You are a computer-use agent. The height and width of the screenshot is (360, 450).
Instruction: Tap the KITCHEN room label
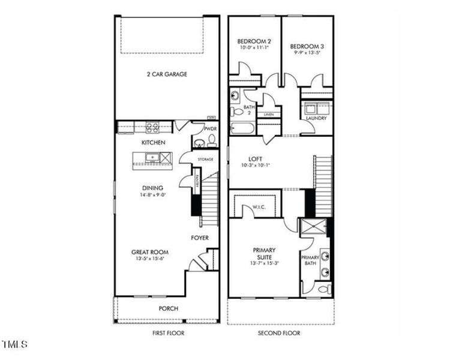point(153,143)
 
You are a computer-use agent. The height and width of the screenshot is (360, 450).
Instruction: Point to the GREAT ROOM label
point(149,252)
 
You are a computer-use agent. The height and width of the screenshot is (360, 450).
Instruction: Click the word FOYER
point(200,238)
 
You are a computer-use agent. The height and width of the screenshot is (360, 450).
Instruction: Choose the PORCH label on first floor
point(168,308)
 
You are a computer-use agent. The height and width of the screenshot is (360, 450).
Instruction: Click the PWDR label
point(209,128)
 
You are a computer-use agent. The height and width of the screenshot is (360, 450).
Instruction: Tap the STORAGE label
point(207,160)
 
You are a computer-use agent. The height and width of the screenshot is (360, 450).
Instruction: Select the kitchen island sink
point(152,158)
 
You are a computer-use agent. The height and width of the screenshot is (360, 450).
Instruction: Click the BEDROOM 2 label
point(254,42)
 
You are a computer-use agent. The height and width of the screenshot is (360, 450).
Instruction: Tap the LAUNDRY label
point(316,118)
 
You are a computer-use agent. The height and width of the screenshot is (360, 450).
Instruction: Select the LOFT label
point(256,158)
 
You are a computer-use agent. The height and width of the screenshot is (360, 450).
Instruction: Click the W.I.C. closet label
point(259,208)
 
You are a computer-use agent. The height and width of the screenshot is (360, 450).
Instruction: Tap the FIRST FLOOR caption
point(168,333)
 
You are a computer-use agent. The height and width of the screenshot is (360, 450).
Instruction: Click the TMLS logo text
point(15,344)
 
